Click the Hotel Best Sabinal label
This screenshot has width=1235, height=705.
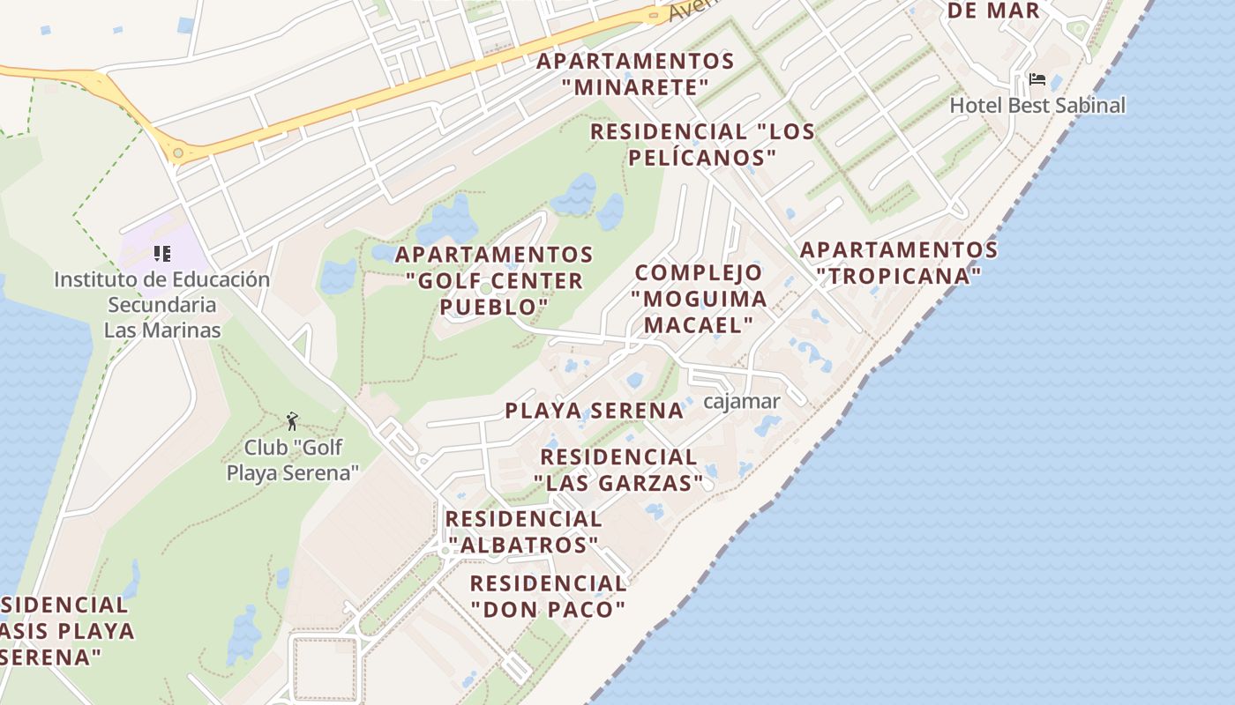click(x=1037, y=106)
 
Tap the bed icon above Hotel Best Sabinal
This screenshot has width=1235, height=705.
click(x=1037, y=80)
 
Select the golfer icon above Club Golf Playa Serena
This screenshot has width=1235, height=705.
click(x=292, y=421)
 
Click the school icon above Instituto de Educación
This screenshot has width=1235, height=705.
click(x=161, y=255)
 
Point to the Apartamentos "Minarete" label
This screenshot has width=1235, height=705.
click(x=635, y=74)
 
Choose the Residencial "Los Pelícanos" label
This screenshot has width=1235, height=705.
click(x=702, y=145)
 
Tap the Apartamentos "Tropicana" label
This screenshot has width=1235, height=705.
click(x=899, y=263)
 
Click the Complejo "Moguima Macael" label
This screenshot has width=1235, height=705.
click(x=699, y=298)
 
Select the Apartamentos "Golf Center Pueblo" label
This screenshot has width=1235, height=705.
click(x=494, y=280)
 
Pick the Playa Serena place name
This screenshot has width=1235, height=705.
click(x=594, y=411)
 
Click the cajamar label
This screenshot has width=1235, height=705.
click(x=742, y=402)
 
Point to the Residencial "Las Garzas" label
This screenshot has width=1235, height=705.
click(x=618, y=470)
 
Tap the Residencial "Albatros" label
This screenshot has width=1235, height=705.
click(x=523, y=531)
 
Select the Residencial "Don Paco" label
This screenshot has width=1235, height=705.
click(x=548, y=596)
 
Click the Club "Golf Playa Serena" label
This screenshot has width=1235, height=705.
click(x=293, y=460)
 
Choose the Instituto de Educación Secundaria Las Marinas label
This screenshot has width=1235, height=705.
click(x=162, y=305)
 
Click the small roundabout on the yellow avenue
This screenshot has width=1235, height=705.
click(x=178, y=153)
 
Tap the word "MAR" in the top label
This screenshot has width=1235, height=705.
click(x=1013, y=11)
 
